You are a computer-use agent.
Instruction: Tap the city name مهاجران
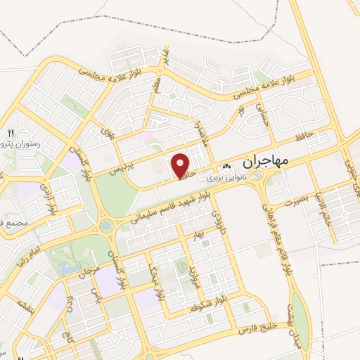point(266,161)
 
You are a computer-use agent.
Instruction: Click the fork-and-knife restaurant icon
point(10,133)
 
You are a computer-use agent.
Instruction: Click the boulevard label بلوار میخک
point(152,271)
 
